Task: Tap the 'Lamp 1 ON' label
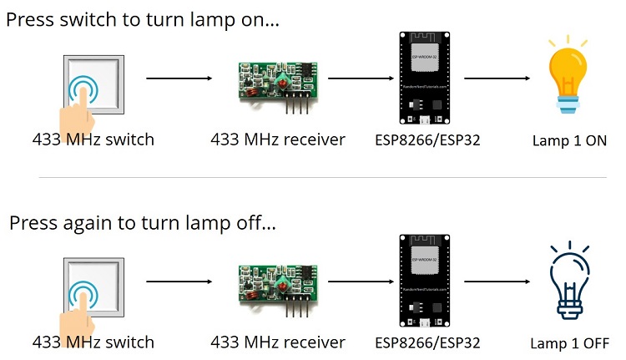[569, 140]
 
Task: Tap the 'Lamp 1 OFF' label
[569, 343]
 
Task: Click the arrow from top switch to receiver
[180, 79]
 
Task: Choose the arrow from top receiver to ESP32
[358, 79]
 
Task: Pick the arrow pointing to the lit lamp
[497, 79]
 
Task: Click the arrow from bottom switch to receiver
[180, 284]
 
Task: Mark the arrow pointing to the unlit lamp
[497, 284]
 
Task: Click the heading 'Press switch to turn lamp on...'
[143, 20]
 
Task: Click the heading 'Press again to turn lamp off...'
[142, 224]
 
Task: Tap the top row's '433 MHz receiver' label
[278, 139]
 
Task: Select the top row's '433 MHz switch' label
[93, 139]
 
